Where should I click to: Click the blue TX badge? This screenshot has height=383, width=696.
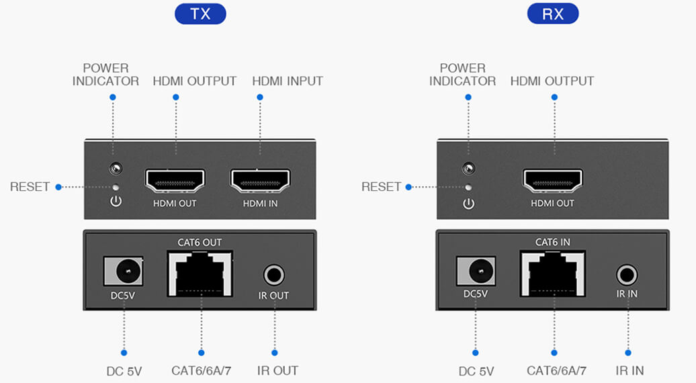[x=200, y=14]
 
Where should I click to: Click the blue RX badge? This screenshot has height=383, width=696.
[x=553, y=14]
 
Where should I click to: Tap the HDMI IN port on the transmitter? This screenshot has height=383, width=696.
[x=261, y=180]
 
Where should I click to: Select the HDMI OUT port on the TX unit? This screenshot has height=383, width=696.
[x=175, y=180]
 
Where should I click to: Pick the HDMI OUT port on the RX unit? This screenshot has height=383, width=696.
[x=554, y=180]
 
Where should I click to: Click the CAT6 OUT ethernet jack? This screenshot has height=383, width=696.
[x=201, y=273]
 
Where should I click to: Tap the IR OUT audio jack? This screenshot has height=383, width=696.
[x=274, y=275]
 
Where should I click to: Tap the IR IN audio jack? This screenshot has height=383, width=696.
[x=627, y=275]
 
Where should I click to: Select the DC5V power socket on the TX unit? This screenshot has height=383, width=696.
[x=124, y=271]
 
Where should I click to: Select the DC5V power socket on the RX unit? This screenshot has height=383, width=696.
[x=476, y=271]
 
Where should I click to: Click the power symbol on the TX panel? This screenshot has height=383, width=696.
[x=116, y=202]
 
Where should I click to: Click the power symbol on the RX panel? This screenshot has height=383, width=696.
[x=469, y=202]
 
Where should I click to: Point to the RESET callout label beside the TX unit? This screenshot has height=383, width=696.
[x=30, y=187]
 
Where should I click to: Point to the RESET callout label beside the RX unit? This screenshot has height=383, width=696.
[x=381, y=187]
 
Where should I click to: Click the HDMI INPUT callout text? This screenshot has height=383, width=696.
[x=288, y=81]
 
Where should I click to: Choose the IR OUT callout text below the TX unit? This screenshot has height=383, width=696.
[x=277, y=370]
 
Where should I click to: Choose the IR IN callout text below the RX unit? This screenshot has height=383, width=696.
[x=629, y=370]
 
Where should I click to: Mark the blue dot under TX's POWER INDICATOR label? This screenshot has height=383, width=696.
[x=113, y=97]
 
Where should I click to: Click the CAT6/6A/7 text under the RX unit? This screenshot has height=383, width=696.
[x=557, y=370]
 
